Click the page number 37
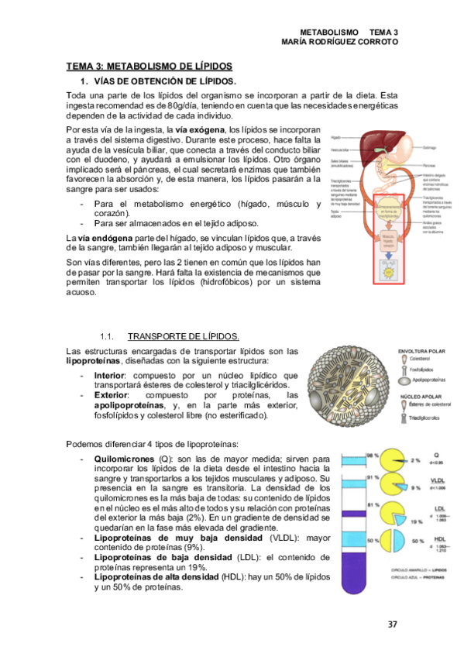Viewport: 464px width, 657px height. (392, 624)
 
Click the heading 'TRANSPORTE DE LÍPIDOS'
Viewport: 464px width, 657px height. (183, 336)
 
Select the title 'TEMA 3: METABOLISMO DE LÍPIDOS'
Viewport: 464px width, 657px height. (149, 67)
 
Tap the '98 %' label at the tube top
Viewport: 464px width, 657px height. (351, 455)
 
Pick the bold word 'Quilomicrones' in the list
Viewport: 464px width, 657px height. (123, 459)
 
